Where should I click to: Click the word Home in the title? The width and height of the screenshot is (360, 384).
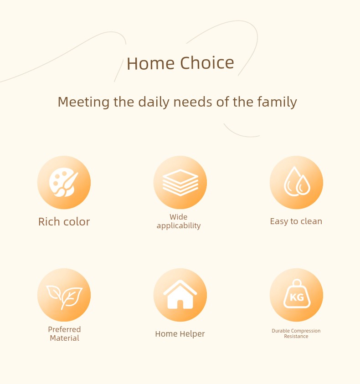click(150, 63)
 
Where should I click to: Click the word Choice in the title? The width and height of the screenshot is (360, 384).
click(207, 63)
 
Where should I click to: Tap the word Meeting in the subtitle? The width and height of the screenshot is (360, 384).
click(83, 102)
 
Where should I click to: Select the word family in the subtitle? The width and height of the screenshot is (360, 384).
click(277, 102)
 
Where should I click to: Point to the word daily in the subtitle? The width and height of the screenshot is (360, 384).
click(154, 102)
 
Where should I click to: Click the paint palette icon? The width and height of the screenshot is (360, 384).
click(63, 182)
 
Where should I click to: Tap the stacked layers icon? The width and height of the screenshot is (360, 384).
click(180, 183)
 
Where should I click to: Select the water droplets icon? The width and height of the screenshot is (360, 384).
click(297, 181)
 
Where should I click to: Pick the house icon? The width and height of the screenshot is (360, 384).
click(180, 294)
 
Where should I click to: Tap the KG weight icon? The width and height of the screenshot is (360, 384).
click(297, 294)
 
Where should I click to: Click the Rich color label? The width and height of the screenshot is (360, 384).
click(64, 222)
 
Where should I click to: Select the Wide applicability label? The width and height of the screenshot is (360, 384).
click(179, 221)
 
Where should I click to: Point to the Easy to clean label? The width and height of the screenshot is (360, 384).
click(296, 221)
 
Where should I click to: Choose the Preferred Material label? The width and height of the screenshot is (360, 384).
click(64, 333)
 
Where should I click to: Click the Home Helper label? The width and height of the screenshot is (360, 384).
click(180, 334)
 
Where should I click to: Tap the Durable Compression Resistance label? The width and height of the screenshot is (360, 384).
click(296, 333)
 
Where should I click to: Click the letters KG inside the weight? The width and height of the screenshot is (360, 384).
click(297, 297)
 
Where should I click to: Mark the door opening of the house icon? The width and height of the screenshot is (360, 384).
click(180, 304)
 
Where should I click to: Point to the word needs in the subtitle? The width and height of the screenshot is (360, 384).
click(193, 102)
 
